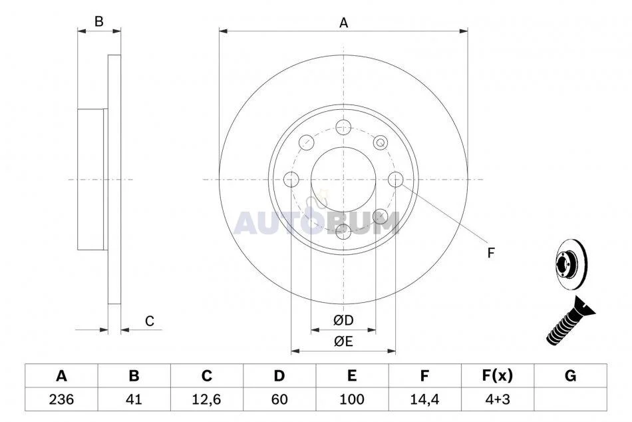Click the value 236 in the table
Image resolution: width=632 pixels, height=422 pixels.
(61, 399)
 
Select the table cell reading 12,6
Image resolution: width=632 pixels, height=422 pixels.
(207, 399)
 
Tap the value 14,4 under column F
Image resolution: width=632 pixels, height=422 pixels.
(424, 399)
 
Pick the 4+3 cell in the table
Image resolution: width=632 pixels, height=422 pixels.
(498, 399)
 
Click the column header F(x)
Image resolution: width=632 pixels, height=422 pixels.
(498, 376)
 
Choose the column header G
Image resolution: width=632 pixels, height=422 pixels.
(570, 376)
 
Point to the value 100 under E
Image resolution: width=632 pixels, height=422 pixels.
(352, 399)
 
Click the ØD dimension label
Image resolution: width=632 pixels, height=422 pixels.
(343, 320)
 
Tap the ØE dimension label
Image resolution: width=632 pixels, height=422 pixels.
(343, 341)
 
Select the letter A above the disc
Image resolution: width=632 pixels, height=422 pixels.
(343, 23)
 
